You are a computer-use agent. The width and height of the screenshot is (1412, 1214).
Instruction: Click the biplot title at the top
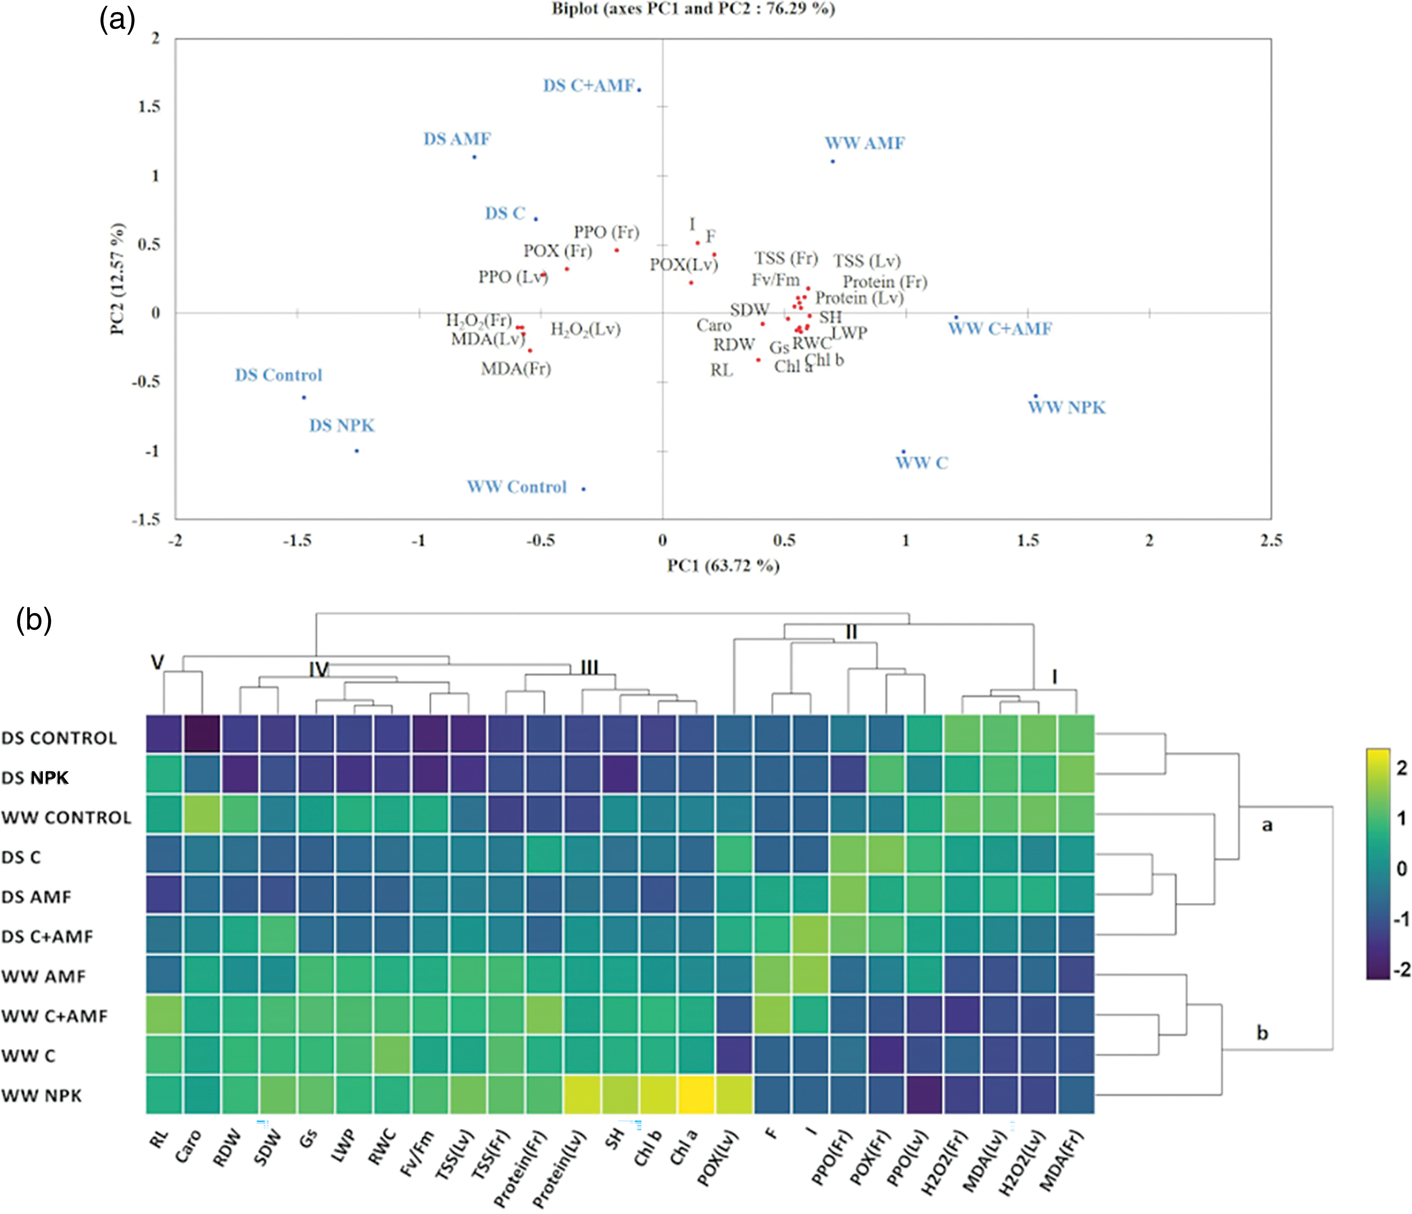693,9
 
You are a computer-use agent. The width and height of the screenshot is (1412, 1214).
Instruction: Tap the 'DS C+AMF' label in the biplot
588,86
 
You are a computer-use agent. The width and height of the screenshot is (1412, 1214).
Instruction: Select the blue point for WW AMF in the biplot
833,161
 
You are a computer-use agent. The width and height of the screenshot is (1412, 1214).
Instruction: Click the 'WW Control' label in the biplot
517,487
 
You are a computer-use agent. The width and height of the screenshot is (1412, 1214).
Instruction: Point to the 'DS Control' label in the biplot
278,375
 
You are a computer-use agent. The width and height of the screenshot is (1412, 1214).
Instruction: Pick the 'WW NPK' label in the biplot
1066,407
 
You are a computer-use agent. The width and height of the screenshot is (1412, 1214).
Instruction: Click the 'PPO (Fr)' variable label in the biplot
606,232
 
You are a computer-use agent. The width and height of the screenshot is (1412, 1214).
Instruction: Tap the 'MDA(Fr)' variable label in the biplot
516,369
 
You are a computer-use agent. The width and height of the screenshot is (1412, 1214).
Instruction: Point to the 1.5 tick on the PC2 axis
150,107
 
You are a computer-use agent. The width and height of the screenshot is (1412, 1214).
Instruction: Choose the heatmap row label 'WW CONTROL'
66,818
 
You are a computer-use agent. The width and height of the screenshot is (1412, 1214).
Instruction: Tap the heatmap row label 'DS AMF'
36,897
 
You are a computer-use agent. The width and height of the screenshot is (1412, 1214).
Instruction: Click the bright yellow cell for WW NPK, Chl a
696,1095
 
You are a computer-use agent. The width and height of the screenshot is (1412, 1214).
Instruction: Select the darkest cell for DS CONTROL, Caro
202,734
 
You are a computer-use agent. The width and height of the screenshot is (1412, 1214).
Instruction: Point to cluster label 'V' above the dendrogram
157,662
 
